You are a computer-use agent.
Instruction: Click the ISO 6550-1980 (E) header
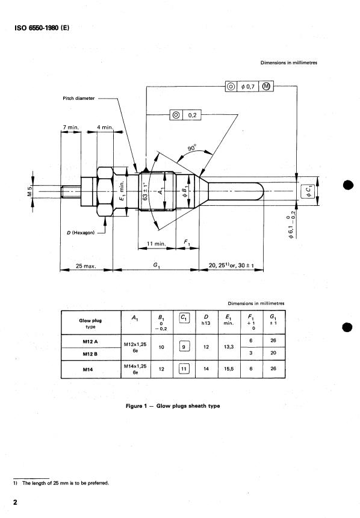42,28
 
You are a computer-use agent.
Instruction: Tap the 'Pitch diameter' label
79,98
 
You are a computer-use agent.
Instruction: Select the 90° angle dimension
192,148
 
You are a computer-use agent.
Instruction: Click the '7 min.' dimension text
71,127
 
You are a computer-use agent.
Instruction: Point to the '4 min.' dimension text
105,127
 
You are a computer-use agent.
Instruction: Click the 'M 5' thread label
29,191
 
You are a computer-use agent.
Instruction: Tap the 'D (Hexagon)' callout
81,233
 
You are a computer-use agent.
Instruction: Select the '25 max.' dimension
85,265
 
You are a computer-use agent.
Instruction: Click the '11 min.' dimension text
157,244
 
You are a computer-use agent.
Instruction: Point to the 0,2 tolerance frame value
193,115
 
